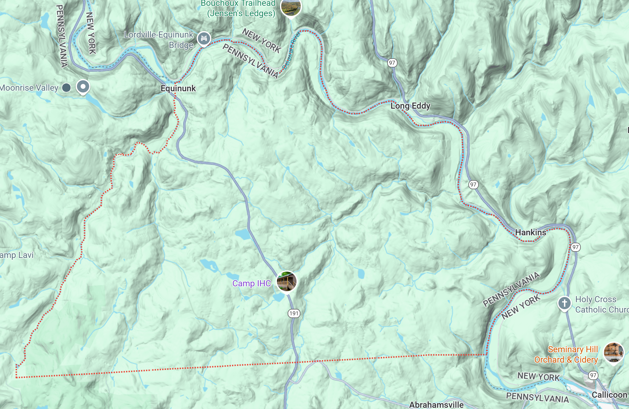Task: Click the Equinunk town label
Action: [x=178, y=89]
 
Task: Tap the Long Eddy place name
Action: [x=410, y=106]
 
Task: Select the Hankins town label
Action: [x=530, y=233]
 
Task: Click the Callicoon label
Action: [x=609, y=395]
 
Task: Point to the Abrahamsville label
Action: [x=436, y=405]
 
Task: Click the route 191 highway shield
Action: [x=294, y=313]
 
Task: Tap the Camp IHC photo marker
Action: [x=286, y=281]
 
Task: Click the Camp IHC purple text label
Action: [x=251, y=284]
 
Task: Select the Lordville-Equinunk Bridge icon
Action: [x=204, y=38]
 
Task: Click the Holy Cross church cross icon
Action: [x=564, y=303]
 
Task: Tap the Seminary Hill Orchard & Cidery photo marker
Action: [x=613, y=353]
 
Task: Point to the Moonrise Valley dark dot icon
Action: [x=66, y=88]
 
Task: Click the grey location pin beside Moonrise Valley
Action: [x=83, y=87]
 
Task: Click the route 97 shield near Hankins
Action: [x=575, y=247]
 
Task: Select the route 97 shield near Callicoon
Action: [x=593, y=375]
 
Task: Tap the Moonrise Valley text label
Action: [x=29, y=88]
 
